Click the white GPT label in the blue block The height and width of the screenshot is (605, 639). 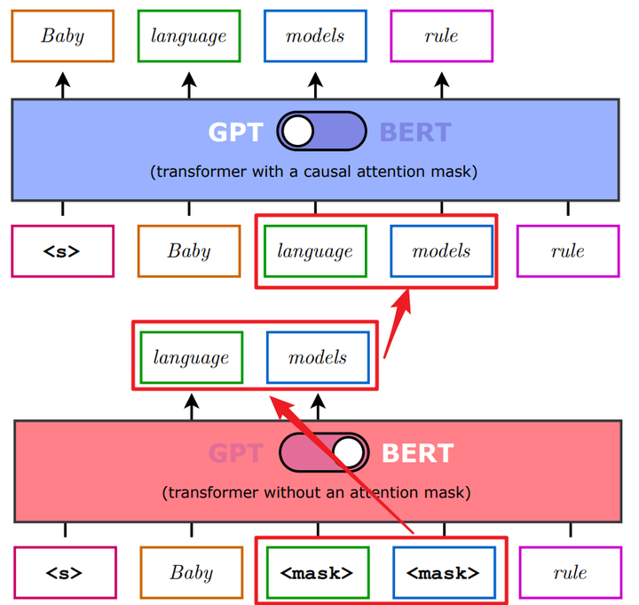tap(235, 132)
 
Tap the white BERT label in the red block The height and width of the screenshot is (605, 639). tap(418, 453)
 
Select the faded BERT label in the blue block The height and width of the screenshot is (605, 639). tap(415, 132)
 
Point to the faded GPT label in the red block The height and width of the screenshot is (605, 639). tap(235, 453)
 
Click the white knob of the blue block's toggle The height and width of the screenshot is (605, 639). tap(298, 131)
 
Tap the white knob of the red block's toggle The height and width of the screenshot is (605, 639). tap(348, 452)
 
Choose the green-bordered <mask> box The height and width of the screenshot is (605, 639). tap(318, 573)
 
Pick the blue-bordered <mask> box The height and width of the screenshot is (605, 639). tap(445, 573)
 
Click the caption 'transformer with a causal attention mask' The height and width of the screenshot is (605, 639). tap(314, 171)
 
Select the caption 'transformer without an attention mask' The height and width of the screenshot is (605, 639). tap(317, 493)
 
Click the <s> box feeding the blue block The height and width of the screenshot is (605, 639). tap(63, 251)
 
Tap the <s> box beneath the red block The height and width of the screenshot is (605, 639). tap(65, 573)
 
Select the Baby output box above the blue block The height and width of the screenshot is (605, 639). tap(63, 36)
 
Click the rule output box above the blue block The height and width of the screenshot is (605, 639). tap(442, 36)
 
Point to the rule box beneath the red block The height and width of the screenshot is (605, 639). tap(571, 573)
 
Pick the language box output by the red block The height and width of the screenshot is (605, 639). tap(192, 358)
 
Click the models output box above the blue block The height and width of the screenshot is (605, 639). tap(315, 36)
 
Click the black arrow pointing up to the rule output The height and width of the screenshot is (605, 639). tap(442, 85)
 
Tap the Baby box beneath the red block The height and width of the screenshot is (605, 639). tap(192, 573)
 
